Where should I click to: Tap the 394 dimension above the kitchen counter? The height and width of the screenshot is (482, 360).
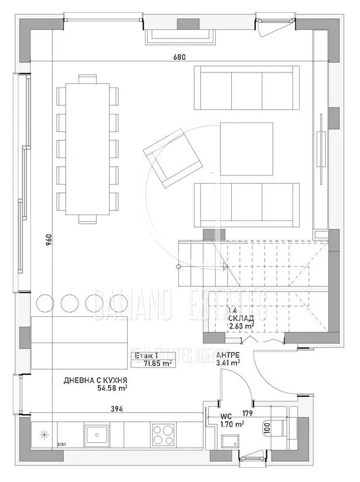point(117,408)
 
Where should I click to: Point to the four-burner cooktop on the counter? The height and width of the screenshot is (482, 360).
point(162,434)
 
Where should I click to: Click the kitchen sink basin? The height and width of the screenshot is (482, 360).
point(97,434)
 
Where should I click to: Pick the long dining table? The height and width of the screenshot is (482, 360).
point(87,148)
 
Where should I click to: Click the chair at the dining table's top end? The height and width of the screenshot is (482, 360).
point(87,79)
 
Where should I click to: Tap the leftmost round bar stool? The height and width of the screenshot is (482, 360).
point(44,303)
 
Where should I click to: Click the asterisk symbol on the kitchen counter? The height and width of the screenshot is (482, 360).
point(44,435)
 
